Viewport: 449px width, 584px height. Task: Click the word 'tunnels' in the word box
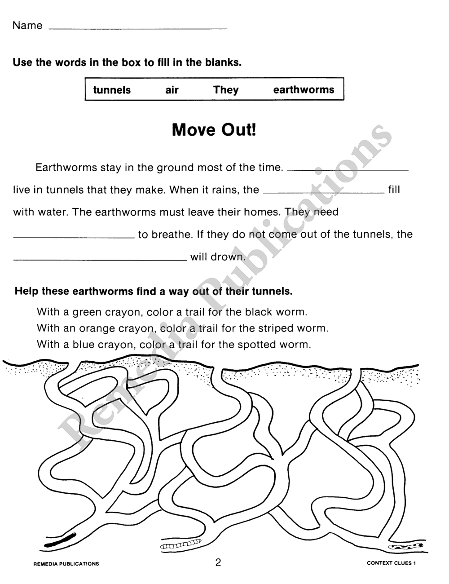(x=112, y=90)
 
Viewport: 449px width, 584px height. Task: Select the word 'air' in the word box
(x=172, y=90)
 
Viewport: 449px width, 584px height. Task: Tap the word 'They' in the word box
(x=226, y=90)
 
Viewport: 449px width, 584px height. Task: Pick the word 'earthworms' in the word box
(x=304, y=90)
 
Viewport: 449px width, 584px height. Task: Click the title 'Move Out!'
(x=214, y=130)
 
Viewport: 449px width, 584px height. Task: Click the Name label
(x=27, y=26)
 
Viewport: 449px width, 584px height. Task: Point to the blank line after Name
(x=137, y=28)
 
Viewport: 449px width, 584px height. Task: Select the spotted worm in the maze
(x=405, y=546)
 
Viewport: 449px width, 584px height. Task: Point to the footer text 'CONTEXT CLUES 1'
(x=391, y=563)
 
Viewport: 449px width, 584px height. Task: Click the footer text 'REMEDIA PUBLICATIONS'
(x=66, y=563)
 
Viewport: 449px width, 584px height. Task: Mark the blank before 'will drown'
(x=100, y=259)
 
